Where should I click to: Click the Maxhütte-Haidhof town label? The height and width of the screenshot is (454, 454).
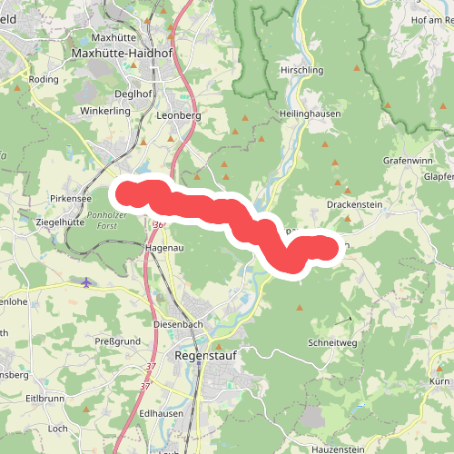point(122,54)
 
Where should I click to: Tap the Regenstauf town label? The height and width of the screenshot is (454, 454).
point(204,356)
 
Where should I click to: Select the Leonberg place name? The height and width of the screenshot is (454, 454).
point(178,115)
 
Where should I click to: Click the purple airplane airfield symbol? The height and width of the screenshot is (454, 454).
point(86,281)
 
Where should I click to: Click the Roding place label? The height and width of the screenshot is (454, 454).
point(44,79)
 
